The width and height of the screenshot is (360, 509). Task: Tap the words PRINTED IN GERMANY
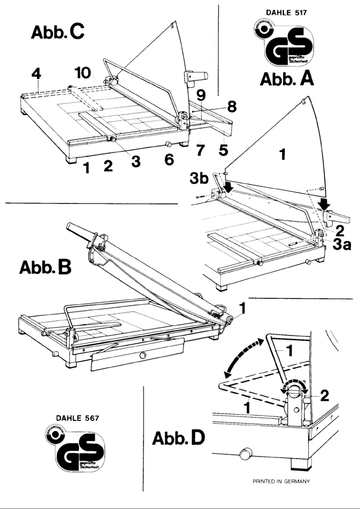tap(279, 481)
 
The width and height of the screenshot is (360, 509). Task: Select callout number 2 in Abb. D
tap(324, 395)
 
